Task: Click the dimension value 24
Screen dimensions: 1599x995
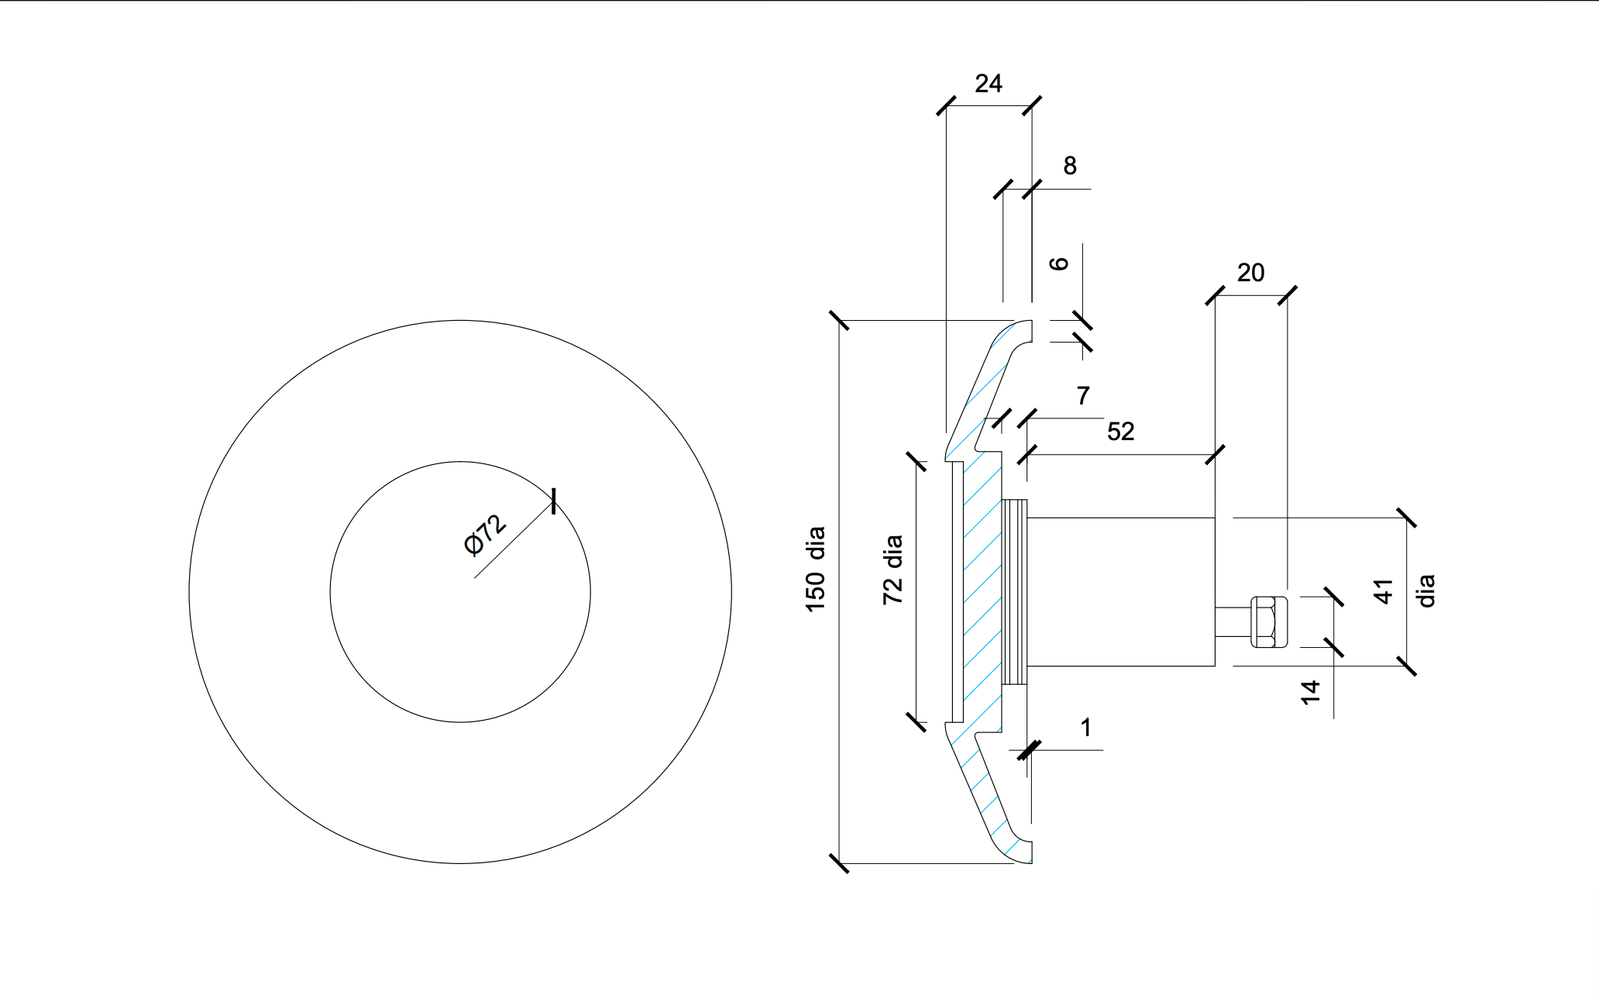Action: (x=989, y=84)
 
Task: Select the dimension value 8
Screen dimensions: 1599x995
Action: (x=1070, y=166)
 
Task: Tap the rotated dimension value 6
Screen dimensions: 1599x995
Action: (x=1059, y=264)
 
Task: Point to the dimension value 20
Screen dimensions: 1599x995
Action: (x=1250, y=273)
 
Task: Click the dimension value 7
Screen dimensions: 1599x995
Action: (x=1083, y=396)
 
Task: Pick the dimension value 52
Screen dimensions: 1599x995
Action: (x=1121, y=432)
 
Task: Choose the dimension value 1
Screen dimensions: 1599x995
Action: (x=1086, y=728)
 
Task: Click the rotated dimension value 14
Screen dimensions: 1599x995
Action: (x=1309, y=692)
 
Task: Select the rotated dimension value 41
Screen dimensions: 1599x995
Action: (x=1384, y=591)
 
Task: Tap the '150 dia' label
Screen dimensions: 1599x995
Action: (x=816, y=570)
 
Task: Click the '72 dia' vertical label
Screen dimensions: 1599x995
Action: (x=892, y=570)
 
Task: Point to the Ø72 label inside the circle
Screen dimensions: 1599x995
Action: (x=485, y=535)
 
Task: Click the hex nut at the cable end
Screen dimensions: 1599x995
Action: (x=1269, y=621)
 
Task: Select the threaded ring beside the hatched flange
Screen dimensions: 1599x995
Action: (x=1014, y=592)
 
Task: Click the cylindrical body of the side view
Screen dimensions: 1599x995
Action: (x=1120, y=592)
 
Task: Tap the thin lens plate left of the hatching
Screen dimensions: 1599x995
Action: (x=958, y=592)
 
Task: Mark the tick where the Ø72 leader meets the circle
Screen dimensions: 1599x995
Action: (x=553, y=501)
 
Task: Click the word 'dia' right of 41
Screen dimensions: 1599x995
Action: (x=1425, y=591)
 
